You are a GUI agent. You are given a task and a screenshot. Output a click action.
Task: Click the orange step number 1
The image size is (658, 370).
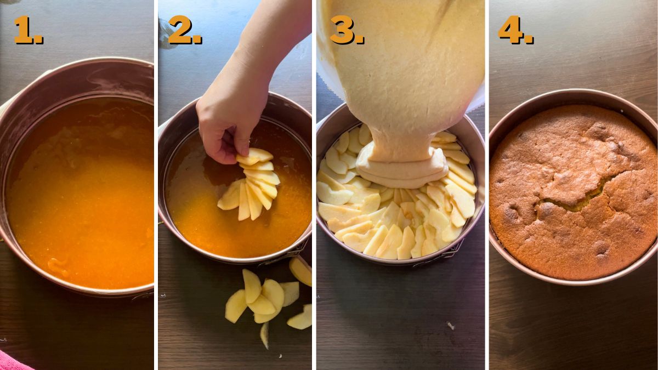point(28,30)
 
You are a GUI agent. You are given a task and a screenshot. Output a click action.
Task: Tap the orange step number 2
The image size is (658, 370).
point(185,30)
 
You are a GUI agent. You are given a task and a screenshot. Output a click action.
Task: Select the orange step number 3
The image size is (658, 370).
point(347,30)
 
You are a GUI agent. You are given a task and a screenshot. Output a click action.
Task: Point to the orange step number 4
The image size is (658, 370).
point(516,30)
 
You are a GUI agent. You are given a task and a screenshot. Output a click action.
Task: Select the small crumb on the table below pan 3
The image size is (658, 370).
point(450,325)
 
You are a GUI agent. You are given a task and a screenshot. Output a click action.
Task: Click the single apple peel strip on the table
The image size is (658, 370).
point(265,335)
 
